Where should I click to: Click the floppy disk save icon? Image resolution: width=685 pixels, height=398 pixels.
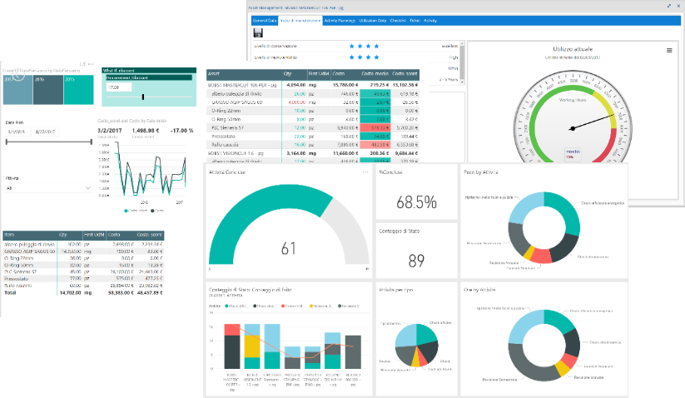click(x=258, y=32)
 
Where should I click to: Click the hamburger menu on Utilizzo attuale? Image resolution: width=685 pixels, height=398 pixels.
click(x=669, y=50)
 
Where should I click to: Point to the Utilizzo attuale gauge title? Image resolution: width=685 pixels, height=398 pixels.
click(x=571, y=49)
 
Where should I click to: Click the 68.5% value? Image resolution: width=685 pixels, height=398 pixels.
click(x=416, y=201)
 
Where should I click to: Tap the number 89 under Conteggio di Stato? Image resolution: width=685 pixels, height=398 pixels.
click(x=416, y=261)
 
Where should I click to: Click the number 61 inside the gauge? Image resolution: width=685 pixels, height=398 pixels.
click(x=289, y=247)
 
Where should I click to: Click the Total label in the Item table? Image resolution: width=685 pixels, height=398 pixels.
click(x=11, y=293)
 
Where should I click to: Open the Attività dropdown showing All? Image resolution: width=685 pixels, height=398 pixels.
click(x=48, y=189)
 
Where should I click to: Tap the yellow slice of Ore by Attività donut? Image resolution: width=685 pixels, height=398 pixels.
click(x=563, y=366)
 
